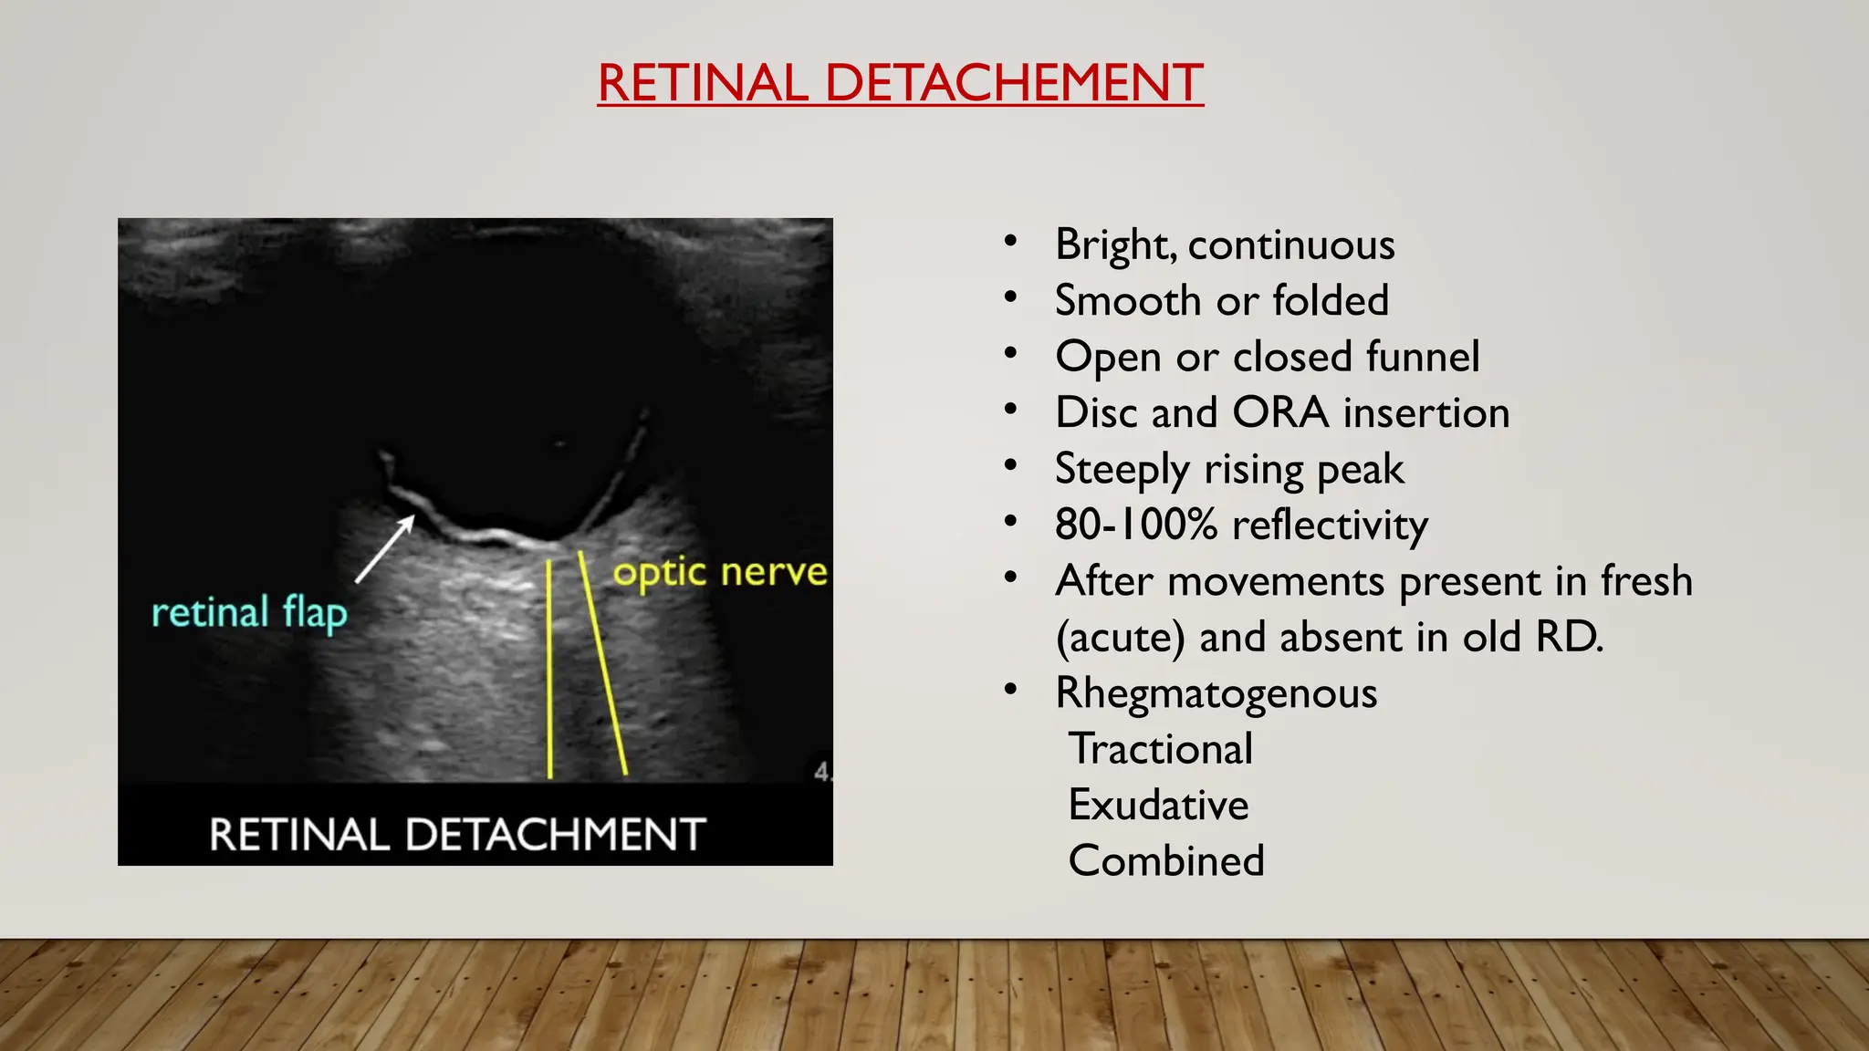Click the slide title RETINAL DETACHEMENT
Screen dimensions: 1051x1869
[x=900, y=83]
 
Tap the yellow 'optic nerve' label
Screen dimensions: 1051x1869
[x=720, y=573]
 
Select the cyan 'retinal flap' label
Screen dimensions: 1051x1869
[x=249, y=612]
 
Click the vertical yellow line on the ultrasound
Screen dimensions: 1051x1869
[x=549, y=671]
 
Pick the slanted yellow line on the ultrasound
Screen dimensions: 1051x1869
[x=603, y=664]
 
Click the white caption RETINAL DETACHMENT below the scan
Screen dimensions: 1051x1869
[x=457, y=834]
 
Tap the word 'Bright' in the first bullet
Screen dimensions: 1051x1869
[x=1115, y=245]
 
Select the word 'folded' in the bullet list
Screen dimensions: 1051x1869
[x=1331, y=300]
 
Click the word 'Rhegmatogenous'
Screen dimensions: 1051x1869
[x=1216, y=693]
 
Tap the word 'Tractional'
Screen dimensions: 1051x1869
[x=1161, y=749]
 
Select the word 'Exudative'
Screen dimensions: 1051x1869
[x=1158, y=805]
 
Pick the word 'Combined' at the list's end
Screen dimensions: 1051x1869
[x=1166, y=860]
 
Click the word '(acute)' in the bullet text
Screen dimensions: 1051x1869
[x=1120, y=638]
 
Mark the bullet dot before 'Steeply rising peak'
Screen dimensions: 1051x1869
[x=1010, y=466]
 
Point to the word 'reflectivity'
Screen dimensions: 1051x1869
[x=1330, y=525]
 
